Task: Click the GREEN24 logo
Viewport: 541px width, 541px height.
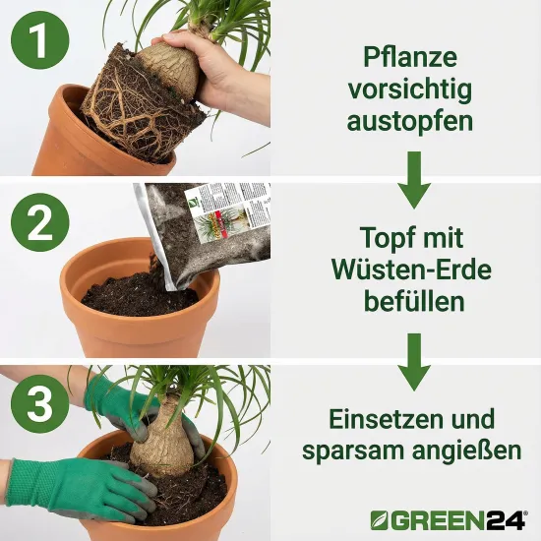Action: point(448,517)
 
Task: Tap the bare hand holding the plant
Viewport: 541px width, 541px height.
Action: point(216,69)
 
